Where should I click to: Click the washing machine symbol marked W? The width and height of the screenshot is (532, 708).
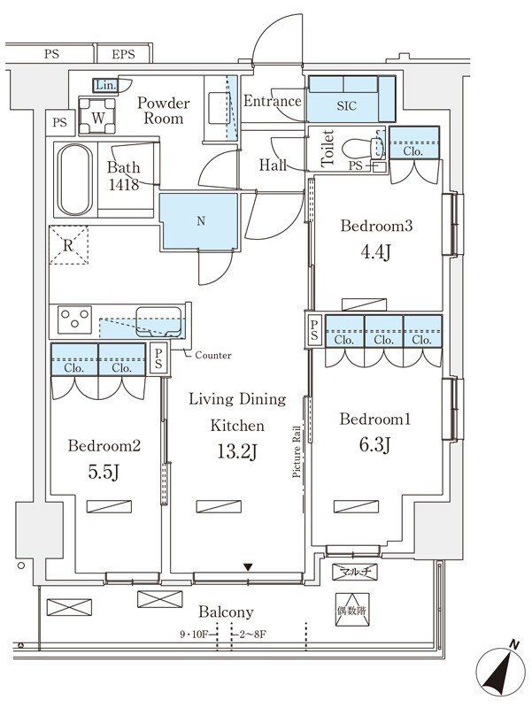coord(96,116)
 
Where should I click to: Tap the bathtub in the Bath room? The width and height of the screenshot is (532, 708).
coord(75,180)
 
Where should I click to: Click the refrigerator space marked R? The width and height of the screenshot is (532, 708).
coord(68,245)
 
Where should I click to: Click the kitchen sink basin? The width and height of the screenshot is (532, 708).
coord(158,321)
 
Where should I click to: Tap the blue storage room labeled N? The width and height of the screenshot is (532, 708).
coord(200,220)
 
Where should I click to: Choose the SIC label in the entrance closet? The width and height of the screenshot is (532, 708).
coord(346,105)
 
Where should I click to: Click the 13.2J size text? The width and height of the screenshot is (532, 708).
coord(237,450)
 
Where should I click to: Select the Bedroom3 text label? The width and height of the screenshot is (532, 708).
coord(376,226)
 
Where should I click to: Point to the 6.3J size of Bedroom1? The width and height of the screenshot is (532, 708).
coord(374,445)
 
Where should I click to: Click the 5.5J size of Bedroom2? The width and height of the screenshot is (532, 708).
coord(104,472)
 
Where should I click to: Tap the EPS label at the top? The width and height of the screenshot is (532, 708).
coord(123,55)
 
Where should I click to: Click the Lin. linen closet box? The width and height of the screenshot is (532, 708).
coord(105,85)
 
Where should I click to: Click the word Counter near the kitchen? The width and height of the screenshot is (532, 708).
coord(213,356)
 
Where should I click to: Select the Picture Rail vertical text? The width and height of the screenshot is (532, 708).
coord(297,451)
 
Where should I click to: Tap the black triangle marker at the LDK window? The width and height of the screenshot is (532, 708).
coord(248,566)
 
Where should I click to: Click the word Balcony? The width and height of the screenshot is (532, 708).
coord(226,612)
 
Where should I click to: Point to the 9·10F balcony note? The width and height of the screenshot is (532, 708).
coord(193,635)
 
